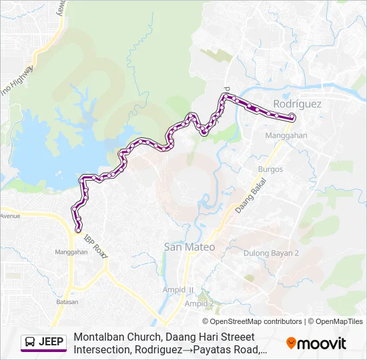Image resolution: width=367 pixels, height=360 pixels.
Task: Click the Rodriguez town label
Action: pos(297,104)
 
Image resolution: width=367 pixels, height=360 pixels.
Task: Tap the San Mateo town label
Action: pos(190,247)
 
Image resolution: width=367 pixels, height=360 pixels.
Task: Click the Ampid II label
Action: pos(178,290)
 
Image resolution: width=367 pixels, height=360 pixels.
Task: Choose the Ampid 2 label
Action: pos(200,303)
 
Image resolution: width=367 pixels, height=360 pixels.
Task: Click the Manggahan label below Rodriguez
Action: pos(286,135)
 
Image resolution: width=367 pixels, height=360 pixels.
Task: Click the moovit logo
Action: pos(316,343)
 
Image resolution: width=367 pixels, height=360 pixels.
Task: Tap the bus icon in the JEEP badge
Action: pos(30,343)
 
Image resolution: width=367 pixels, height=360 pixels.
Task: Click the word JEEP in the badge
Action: pos(51,343)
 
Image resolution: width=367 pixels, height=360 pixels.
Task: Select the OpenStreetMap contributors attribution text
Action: pos(252,321)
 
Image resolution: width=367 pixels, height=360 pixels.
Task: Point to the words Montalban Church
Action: pos(115,337)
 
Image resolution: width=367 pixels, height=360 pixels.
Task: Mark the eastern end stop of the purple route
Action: pos(292,118)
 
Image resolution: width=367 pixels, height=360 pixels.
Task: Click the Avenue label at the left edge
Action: pos(10,216)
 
